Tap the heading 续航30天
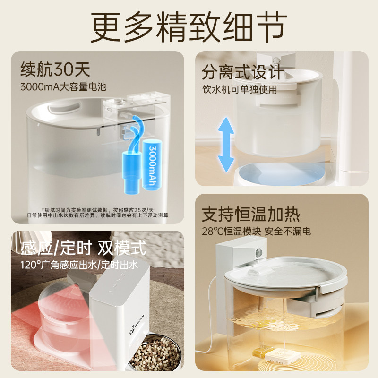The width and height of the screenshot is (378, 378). pos(55,70)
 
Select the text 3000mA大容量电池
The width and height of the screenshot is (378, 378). pos(64,87)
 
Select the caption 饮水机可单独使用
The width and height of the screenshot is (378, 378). pos(240,88)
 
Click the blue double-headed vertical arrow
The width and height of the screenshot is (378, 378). pos(226,145)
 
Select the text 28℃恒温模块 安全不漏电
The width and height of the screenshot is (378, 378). pos(257,232)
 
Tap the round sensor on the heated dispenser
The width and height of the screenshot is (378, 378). pos(258,253)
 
